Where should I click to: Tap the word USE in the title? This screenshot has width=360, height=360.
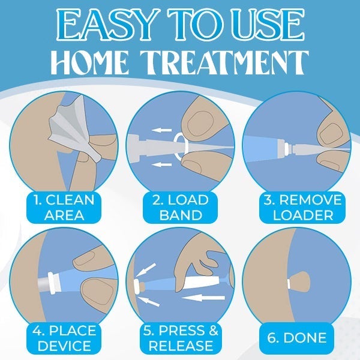tap(268, 25)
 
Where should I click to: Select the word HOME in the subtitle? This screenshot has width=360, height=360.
tap(89, 62)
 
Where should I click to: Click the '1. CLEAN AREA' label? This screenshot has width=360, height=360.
tap(64, 208)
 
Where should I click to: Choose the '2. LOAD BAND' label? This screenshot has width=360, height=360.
tap(181, 208)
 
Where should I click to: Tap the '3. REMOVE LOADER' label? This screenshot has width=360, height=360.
tap(302, 208)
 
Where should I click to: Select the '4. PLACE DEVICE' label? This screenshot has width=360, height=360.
tap(64, 338)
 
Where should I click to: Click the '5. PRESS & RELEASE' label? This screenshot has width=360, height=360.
tap(181, 338)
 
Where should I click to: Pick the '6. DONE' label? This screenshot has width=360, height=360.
tap(296, 338)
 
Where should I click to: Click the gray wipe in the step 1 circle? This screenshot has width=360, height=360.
tap(73, 128)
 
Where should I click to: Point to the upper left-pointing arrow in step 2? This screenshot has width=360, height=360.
tap(161, 130)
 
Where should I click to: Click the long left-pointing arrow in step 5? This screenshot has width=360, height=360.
tap(203, 298)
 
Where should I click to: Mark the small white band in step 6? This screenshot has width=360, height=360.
tap(289, 284)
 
